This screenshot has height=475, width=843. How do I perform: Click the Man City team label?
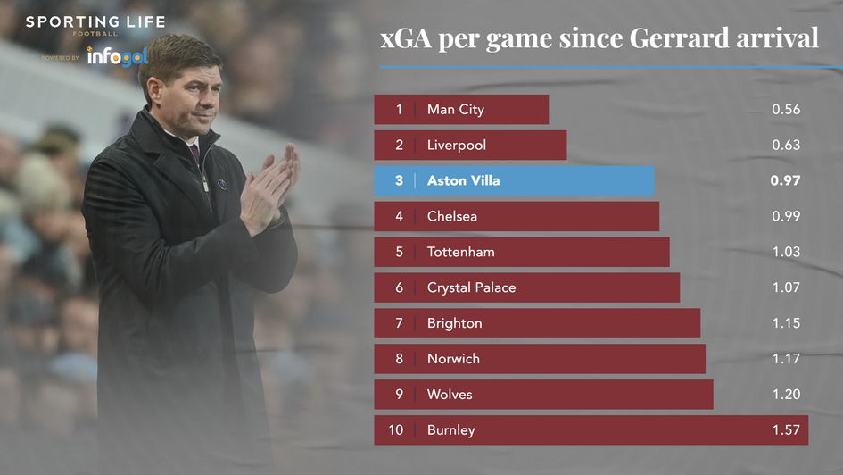pos(455,110)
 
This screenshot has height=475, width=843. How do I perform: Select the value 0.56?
pos(786,110)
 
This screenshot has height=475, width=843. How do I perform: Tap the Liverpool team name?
pos(457,145)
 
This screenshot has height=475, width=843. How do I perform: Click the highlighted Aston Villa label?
pos(463,180)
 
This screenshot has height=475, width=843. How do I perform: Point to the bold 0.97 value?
pos(785,180)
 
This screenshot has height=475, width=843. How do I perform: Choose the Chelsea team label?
pos(452,216)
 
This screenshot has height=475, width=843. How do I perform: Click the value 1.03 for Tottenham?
pos(786,252)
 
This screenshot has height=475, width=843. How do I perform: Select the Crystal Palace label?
pos(471,287)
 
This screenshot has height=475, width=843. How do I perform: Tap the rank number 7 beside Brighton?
pos(399,323)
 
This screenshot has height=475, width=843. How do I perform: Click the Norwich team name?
pos(453,359)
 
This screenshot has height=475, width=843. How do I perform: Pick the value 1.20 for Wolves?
pos(786,395)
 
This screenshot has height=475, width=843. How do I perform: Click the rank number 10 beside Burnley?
pos(396,430)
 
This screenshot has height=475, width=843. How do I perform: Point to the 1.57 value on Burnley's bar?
pos(786,430)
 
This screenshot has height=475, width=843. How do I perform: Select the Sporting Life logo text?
pos(95,22)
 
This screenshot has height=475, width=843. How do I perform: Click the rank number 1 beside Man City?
pos(399,110)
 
